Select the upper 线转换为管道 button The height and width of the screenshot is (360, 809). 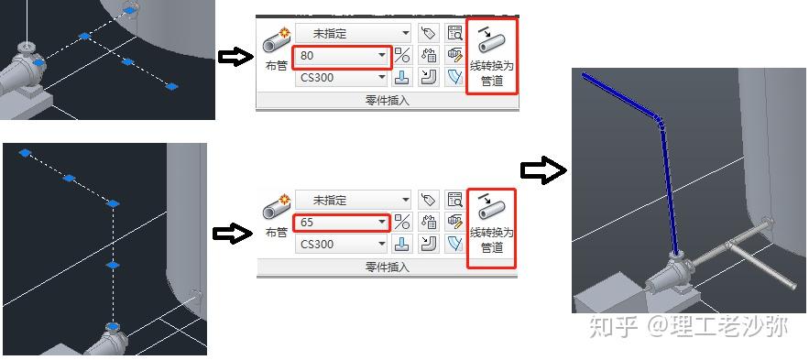click(493, 56)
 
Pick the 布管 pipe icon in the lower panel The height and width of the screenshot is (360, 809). click(276, 209)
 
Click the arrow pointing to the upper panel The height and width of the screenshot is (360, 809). click(235, 58)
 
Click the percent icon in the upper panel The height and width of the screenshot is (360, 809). click(401, 56)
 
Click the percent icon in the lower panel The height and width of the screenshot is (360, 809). click(401, 223)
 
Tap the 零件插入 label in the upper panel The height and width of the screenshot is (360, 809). click(387, 101)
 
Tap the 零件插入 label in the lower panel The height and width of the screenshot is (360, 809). click(387, 267)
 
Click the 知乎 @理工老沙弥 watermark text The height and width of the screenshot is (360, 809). click(688, 326)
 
